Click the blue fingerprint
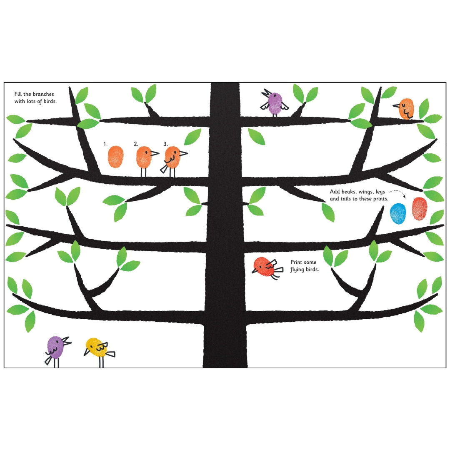(398, 213)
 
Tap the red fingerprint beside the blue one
(420, 209)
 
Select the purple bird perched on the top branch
(274, 103)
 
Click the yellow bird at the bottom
(99, 351)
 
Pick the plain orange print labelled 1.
(116, 157)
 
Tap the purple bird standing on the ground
(57, 351)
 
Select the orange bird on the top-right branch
(405, 108)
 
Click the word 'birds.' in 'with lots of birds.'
(50, 101)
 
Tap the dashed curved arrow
(398, 192)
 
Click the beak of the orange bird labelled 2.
(155, 153)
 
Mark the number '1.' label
(105, 144)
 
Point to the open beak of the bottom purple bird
(67, 341)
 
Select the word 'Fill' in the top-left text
(18, 94)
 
